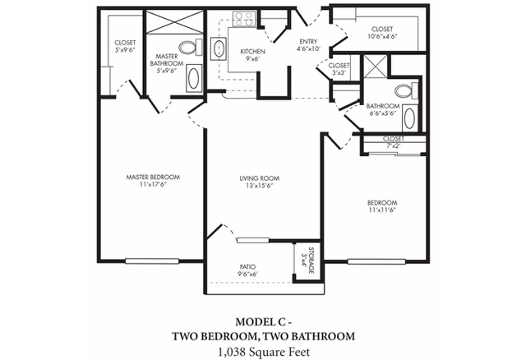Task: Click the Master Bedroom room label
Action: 153,177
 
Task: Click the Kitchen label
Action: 251,52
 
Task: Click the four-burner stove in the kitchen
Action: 243,17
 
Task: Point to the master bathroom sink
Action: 192,80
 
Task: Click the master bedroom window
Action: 153,262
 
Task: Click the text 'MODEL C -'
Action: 263,321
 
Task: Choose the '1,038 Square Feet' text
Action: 263,351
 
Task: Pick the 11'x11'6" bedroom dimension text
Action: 382,210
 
